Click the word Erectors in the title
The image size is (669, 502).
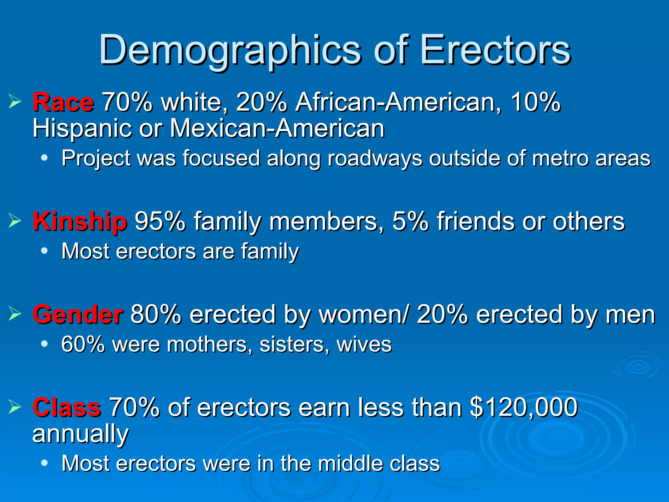pos(495,51)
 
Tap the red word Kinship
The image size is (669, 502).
pos(79,222)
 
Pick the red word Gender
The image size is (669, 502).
pos(78,314)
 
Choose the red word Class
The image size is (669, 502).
pos(67,407)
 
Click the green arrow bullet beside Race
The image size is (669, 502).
pos(15,102)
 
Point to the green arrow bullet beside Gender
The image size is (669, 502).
pos(15,313)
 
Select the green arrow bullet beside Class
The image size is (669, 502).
pos(15,407)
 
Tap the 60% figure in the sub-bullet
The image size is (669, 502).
pos(83,344)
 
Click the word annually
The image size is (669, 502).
pos(80,434)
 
